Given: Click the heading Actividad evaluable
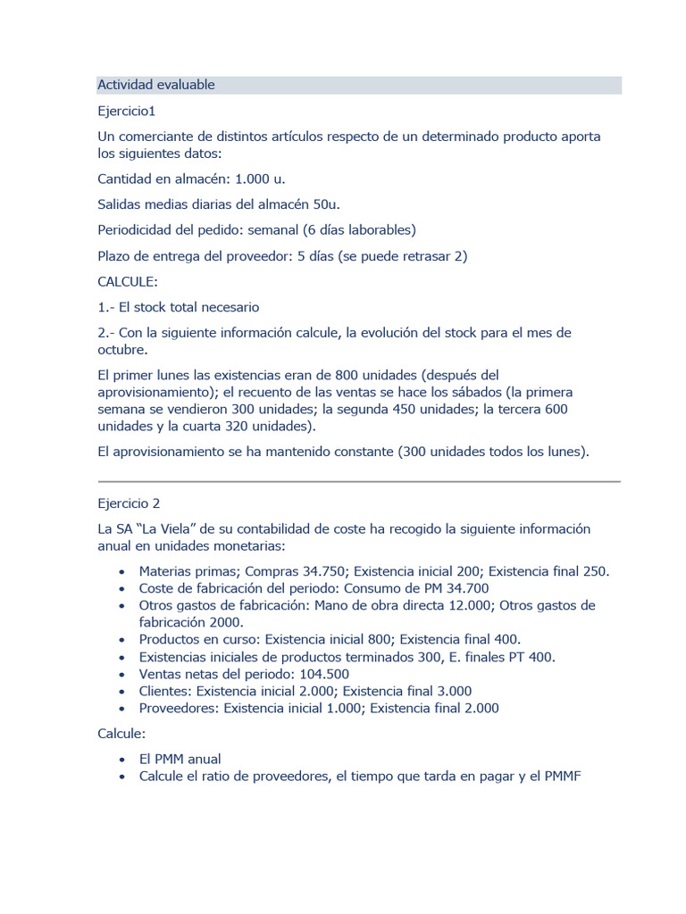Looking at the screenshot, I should click(156, 85).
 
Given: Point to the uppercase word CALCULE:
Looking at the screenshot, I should click(128, 281).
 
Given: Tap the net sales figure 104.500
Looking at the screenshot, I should click(320, 674).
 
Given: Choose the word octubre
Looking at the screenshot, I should click(122, 349).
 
